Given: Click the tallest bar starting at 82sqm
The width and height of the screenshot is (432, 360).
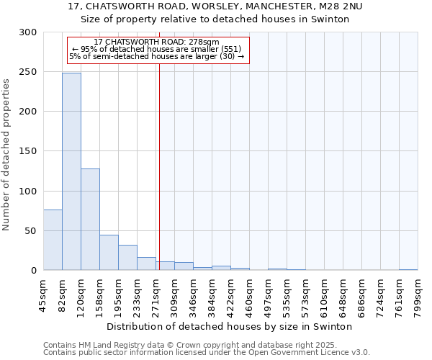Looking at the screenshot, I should [71, 171].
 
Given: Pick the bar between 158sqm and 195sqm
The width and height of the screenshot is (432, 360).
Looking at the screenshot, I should [109, 252].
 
